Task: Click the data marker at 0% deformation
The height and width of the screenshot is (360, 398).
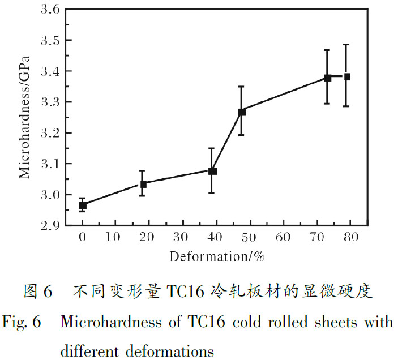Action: [83, 205]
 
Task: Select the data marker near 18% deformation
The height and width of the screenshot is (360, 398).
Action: [143, 184]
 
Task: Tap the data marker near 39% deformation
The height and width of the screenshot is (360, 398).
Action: [213, 170]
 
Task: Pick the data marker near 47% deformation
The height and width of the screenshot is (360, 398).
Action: [242, 112]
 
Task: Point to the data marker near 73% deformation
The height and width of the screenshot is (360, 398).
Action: [327, 78]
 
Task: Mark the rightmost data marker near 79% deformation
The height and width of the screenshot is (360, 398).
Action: [347, 76]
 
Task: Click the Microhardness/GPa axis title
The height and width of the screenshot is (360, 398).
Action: [24, 117]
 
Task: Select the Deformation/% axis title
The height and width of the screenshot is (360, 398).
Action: [217, 256]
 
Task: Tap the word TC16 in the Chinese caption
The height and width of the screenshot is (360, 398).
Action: [186, 292]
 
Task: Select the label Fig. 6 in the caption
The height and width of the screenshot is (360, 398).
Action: [22, 322]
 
